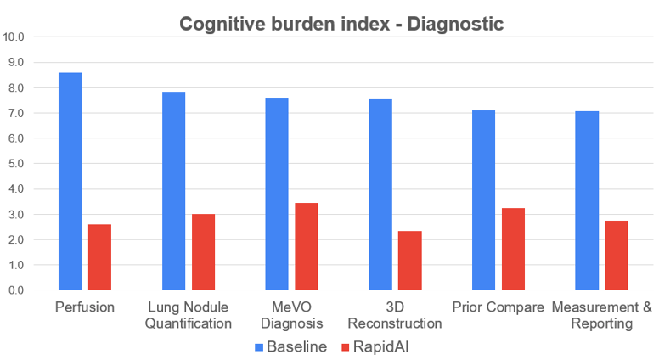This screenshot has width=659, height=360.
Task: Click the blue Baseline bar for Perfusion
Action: click(x=70, y=182)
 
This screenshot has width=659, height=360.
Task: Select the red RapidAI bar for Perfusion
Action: click(x=100, y=257)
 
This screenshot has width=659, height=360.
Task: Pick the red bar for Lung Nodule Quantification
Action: click(x=203, y=252)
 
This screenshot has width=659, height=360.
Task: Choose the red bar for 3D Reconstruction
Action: click(x=410, y=261)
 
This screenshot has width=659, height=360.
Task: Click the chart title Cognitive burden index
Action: click(x=341, y=24)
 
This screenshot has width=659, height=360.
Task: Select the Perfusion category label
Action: click(x=85, y=307)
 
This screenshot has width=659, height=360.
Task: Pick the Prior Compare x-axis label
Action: click(x=498, y=307)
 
